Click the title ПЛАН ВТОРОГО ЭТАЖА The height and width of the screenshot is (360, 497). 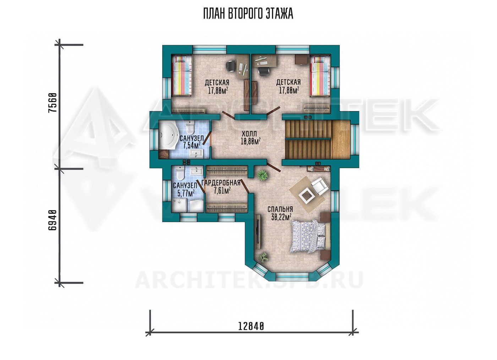point(248,14)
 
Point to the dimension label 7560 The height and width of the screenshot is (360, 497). point(53,103)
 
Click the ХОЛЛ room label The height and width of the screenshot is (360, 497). point(249,134)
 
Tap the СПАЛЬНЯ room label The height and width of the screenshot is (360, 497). point(280,209)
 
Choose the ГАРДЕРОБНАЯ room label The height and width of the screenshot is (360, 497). point(221,183)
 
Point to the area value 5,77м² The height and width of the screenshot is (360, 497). point(186,193)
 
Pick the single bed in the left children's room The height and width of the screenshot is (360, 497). point(182,75)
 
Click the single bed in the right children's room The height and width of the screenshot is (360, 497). point(320,76)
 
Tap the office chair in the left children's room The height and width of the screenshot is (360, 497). point(231,66)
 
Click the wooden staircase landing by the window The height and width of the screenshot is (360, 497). point(341,140)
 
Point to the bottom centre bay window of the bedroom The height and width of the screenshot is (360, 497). point(293,276)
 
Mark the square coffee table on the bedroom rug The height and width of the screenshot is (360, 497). point(306,195)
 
